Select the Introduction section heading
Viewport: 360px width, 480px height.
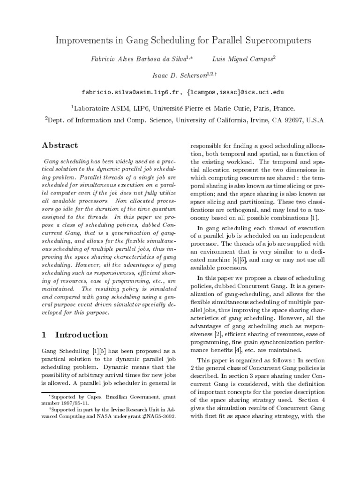(82, 335)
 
